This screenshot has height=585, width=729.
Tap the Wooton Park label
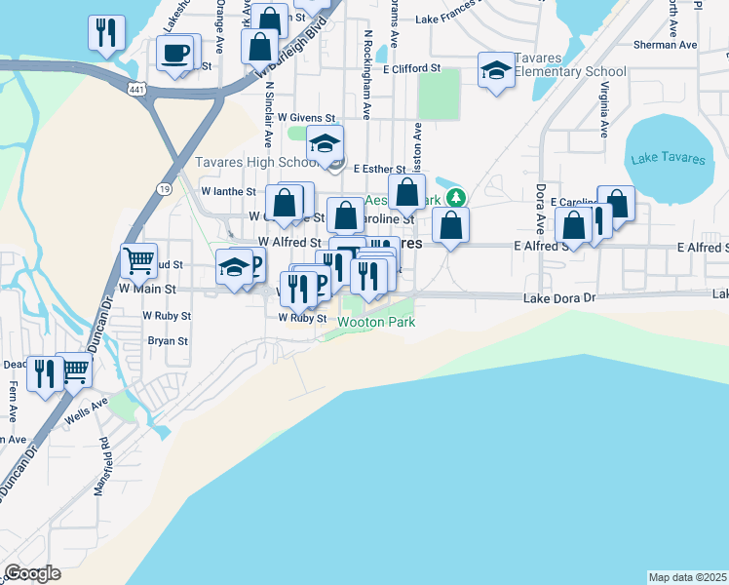pyautogui.click(x=376, y=322)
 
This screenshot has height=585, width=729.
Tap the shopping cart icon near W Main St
pyautogui.click(x=139, y=260)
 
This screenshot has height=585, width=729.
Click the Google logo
pyautogui.click(x=32, y=573)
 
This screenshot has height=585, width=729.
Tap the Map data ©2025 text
pyautogui.click(x=687, y=577)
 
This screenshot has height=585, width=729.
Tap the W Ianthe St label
pyautogui.click(x=228, y=192)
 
